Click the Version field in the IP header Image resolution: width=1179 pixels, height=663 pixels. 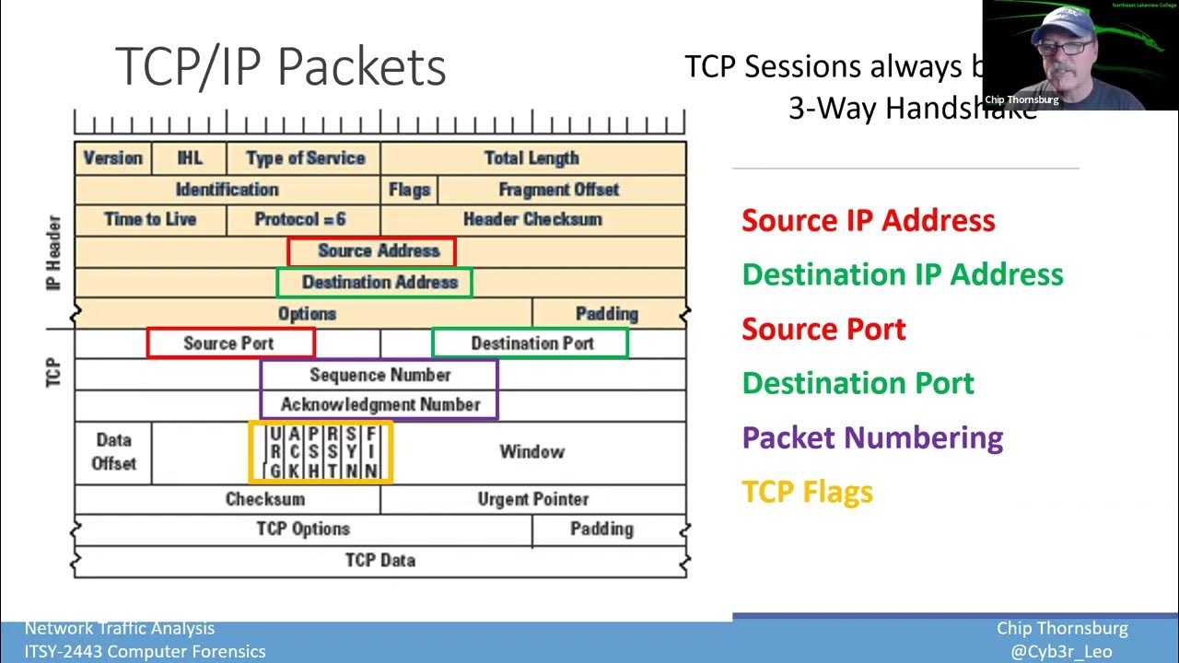[112, 157]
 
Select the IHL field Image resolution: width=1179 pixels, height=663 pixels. [189, 157]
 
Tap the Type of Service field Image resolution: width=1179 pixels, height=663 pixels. [305, 157]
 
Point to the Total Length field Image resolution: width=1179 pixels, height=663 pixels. [531, 157]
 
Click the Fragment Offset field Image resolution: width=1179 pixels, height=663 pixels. [558, 189]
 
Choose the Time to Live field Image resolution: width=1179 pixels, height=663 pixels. [150, 219]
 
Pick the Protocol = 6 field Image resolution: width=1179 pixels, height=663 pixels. [300, 219]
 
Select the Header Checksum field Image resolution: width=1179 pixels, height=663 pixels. [531, 219]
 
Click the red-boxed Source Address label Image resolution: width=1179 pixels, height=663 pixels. [378, 250]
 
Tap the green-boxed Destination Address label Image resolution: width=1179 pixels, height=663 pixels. [379, 282]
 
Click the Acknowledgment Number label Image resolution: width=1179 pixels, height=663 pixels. [379, 404]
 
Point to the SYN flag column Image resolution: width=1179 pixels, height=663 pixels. [352, 452]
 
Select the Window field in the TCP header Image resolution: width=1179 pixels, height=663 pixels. [531, 452]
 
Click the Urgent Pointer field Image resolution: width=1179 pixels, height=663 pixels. [532, 499]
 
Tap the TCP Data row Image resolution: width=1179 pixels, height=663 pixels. [379, 560]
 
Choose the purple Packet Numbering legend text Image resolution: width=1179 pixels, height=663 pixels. [871, 437]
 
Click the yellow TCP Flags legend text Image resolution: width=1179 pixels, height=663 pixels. [807, 492]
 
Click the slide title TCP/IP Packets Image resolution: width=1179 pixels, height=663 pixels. [280, 66]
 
